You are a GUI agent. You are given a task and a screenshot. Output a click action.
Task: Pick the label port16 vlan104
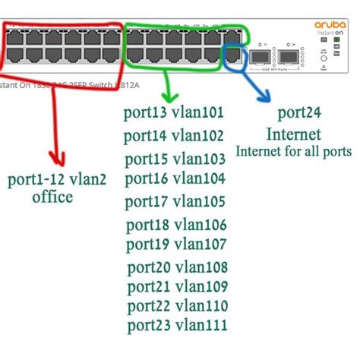[174, 179]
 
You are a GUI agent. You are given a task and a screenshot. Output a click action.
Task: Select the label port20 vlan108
[174, 267]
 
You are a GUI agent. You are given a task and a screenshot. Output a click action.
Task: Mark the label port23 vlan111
[174, 326]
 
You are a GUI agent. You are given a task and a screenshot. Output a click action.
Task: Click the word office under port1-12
[52, 197]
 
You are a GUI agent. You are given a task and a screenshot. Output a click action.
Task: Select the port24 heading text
[298, 114]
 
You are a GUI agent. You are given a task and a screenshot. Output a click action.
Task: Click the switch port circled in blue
[232, 53]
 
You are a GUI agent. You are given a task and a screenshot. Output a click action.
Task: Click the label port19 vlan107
[174, 245]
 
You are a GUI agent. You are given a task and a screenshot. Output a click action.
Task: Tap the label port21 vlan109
[174, 287]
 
